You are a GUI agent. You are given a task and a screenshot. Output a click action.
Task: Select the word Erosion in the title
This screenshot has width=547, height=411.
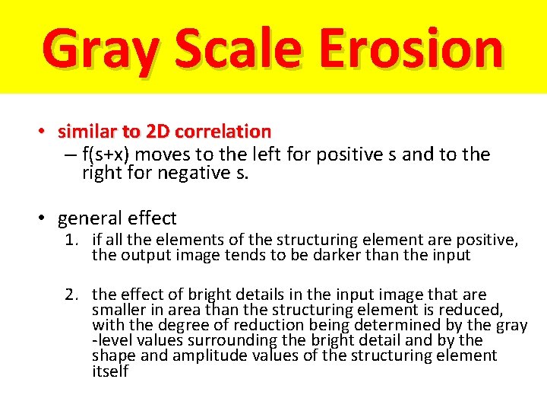410,47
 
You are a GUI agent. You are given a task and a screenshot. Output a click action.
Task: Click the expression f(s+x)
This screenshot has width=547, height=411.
106,155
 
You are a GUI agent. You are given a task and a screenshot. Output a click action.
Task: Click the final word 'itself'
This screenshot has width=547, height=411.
110,371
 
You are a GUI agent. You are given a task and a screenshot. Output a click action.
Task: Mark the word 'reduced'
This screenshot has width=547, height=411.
473,310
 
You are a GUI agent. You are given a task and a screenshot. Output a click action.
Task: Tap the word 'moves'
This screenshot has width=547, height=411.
165,155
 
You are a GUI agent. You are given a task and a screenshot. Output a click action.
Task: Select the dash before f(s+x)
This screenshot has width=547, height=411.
70,155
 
